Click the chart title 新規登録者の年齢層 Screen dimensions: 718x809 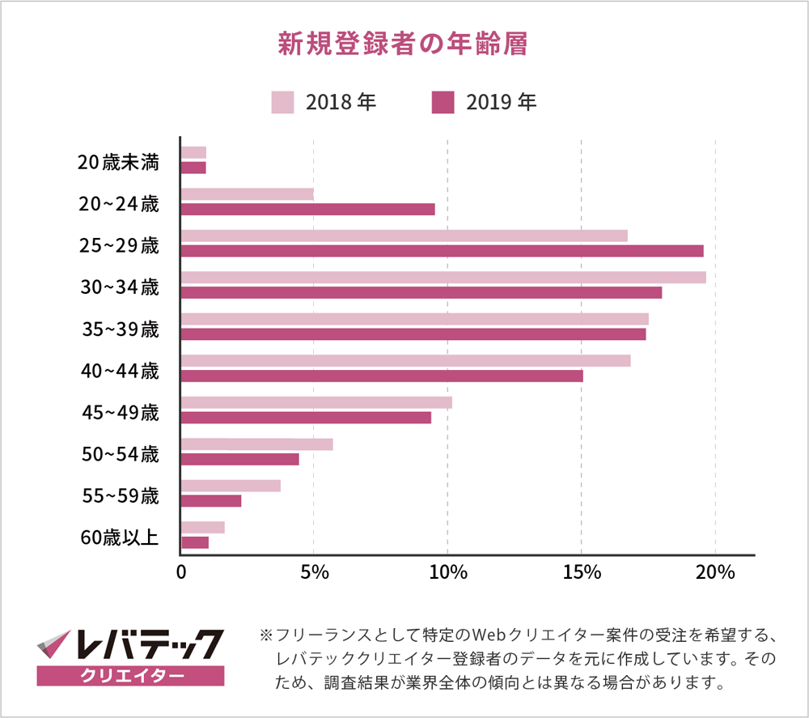coord(402,44)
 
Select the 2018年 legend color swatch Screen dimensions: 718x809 coord(282,103)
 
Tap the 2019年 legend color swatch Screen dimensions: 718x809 coord(443,103)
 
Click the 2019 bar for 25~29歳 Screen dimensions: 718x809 coord(442,251)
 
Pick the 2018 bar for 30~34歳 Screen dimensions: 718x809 coord(443,278)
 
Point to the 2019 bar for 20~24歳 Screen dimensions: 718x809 coord(307,209)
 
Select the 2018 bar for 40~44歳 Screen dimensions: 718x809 coord(405,361)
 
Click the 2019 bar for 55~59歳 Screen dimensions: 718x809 coord(211,501)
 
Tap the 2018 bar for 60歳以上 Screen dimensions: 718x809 coord(202,528)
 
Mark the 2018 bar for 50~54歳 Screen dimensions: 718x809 coord(256,444)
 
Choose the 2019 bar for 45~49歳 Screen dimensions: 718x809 coord(306,418)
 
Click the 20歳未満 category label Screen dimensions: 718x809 coord(118,162)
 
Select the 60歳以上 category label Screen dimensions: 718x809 coord(120,537)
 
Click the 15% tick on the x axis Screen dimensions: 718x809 coord(581,572)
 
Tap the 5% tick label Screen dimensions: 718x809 coord(314,572)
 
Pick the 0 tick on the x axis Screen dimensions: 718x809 coord(181,572)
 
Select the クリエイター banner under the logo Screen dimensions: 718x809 coord(130,675)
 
